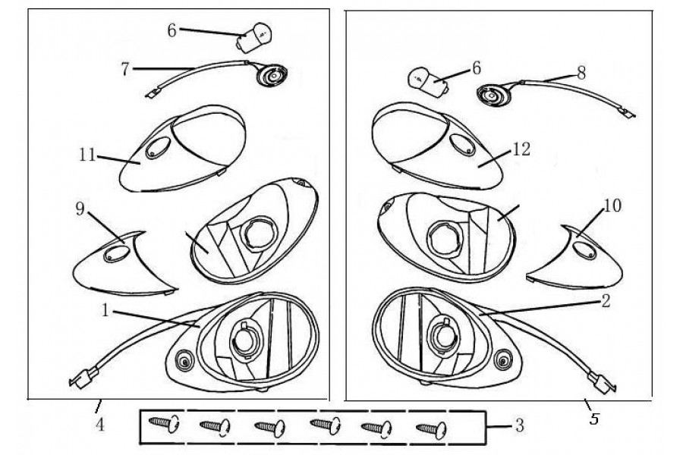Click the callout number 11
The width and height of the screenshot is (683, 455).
[x=87, y=155]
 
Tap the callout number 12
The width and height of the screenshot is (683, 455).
[x=521, y=149]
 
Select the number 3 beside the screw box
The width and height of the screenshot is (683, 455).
[x=519, y=425]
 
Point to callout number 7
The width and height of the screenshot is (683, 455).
[x=125, y=69]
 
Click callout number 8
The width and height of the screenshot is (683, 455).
[x=581, y=73]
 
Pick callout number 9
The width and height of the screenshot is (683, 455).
[x=80, y=209]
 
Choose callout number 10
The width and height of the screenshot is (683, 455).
[x=612, y=206]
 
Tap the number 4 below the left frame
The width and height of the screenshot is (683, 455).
[x=100, y=425]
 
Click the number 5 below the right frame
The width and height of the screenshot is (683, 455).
[x=594, y=419]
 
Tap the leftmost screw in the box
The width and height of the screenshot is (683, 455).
[x=164, y=423]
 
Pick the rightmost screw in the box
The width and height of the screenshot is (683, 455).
[x=431, y=430]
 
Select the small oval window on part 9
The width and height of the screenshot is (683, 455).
[x=116, y=254]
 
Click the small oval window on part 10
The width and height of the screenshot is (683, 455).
[x=584, y=250]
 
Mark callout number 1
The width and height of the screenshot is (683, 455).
[x=105, y=311]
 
